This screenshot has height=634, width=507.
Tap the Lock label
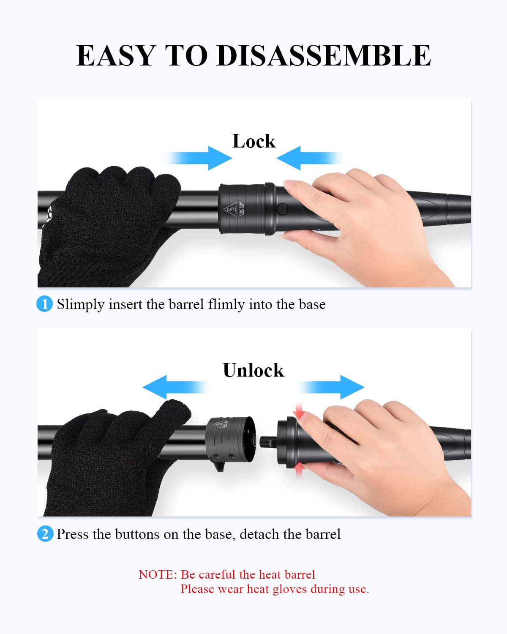click(253, 141)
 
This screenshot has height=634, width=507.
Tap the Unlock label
click(253, 370)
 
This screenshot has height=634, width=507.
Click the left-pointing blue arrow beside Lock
click(309, 158)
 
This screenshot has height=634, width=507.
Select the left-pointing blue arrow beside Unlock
click(175, 387)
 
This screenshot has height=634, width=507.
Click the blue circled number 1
click(44, 304)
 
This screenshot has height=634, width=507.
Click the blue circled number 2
click(45, 534)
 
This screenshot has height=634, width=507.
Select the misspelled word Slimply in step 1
click(81, 305)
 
